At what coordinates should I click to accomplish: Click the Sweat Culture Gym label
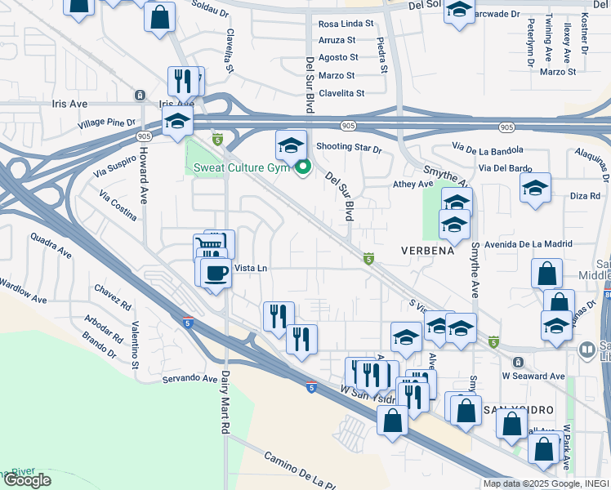coord(243,168)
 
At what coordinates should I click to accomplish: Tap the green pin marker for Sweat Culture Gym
coord(303,169)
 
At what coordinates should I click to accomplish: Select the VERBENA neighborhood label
coord(426,251)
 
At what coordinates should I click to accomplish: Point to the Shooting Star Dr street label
coord(349,149)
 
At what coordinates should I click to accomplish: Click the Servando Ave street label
coord(189,378)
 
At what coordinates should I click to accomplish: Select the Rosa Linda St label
coord(346,24)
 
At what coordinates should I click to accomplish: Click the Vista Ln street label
coord(251,268)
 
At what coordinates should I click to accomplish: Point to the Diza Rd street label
coord(585,196)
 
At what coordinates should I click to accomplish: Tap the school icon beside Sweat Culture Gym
coord(291,145)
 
